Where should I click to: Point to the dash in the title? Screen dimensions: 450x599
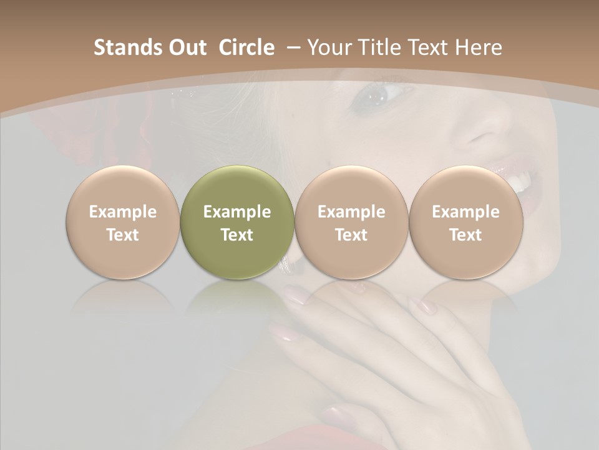(x=292, y=48)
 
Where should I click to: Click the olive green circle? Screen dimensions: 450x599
(x=237, y=222)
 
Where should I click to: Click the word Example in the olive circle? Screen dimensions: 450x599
(x=237, y=212)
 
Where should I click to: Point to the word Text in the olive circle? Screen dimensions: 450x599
(x=237, y=235)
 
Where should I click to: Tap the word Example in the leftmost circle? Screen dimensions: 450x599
(x=123, y=212)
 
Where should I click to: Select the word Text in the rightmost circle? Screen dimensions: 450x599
(x=466, y=235)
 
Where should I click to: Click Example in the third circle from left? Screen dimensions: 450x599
(x=351, y=212)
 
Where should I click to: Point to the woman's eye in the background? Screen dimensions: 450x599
(x=379, y=95)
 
